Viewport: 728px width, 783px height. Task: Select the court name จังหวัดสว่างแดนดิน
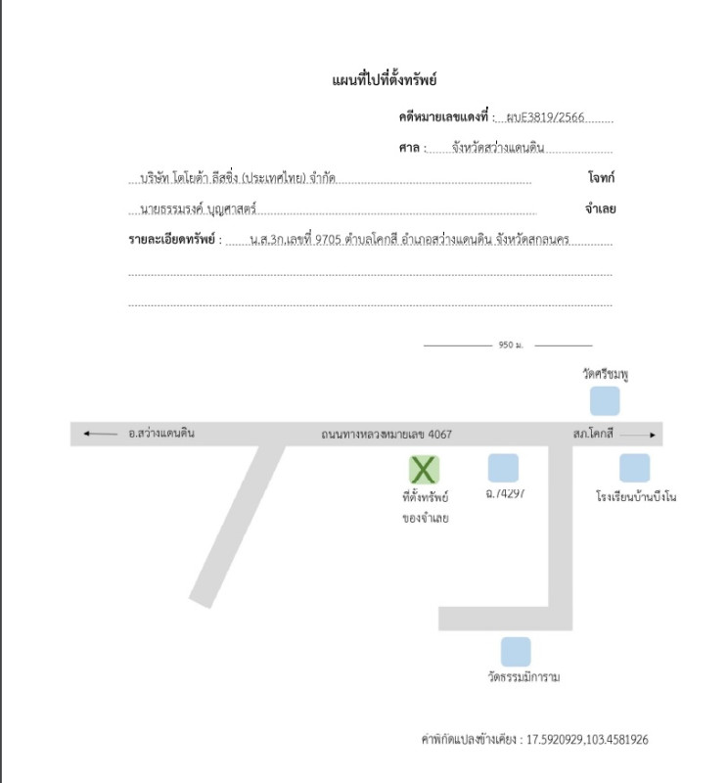coord(497,149)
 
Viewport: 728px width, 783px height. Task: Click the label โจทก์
coord(601,179)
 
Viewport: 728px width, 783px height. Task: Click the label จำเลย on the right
coord(599,209)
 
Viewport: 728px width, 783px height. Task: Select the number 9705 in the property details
coord(328,239)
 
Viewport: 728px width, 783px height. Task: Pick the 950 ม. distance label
coord(511,345)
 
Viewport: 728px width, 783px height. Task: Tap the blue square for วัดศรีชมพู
coord(604,400)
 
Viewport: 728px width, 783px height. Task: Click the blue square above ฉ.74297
coord(503,468)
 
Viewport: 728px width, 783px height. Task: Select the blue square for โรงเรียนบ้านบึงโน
coord(634,468)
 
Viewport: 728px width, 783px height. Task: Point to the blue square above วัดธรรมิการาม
coord(515,652)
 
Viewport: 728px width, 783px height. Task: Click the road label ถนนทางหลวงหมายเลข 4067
coord(387,434)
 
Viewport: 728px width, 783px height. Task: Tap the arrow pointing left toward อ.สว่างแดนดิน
coord(100,433)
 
